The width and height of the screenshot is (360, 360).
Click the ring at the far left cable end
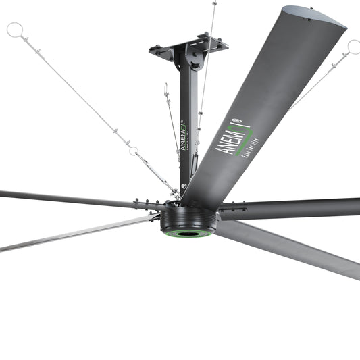(15, 30)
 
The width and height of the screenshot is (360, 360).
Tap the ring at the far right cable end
(353, 47)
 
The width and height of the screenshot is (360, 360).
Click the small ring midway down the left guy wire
(134, 150)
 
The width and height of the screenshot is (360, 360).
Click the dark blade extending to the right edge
(297, 208)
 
